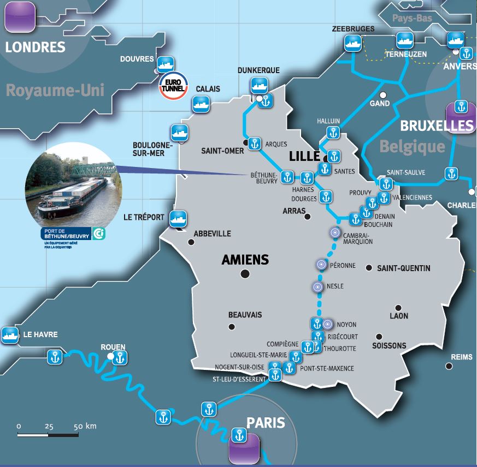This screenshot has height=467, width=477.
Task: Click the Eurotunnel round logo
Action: click(173, 87)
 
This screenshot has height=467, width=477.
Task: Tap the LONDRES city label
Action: click(35, 47)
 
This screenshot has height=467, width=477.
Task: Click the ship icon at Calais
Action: click(200, 104)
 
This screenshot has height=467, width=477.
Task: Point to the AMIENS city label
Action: click(245, 260)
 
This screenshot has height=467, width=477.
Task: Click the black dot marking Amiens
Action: click(244, 273)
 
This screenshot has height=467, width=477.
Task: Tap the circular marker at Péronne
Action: click(321, 265)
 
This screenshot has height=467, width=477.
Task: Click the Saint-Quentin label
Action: click(403, 268)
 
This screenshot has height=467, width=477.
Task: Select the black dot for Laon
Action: click(398, 308)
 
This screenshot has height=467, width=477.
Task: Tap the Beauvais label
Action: click(245, 315)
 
